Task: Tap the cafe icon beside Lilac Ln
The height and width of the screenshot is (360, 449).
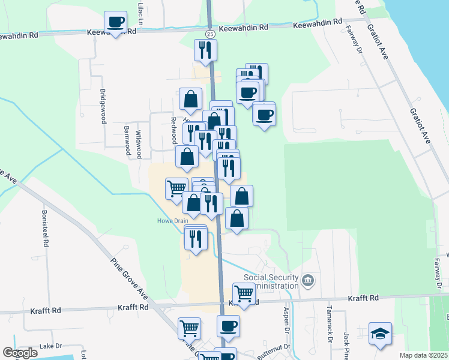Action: click(115, 23)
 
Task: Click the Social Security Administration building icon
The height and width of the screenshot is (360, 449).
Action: click(308, 280)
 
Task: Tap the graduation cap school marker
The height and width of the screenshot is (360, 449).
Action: click(380, 334)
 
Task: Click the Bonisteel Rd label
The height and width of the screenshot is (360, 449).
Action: click(44, 229)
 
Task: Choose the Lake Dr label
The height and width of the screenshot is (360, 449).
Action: click(50, 346)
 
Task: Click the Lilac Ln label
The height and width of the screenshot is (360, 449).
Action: click(142, 13)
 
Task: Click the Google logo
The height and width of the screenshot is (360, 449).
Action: click(20, 353)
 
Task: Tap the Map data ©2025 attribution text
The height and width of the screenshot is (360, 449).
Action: click(423, 355)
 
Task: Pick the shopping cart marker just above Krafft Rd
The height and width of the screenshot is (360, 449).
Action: click(244, 293)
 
